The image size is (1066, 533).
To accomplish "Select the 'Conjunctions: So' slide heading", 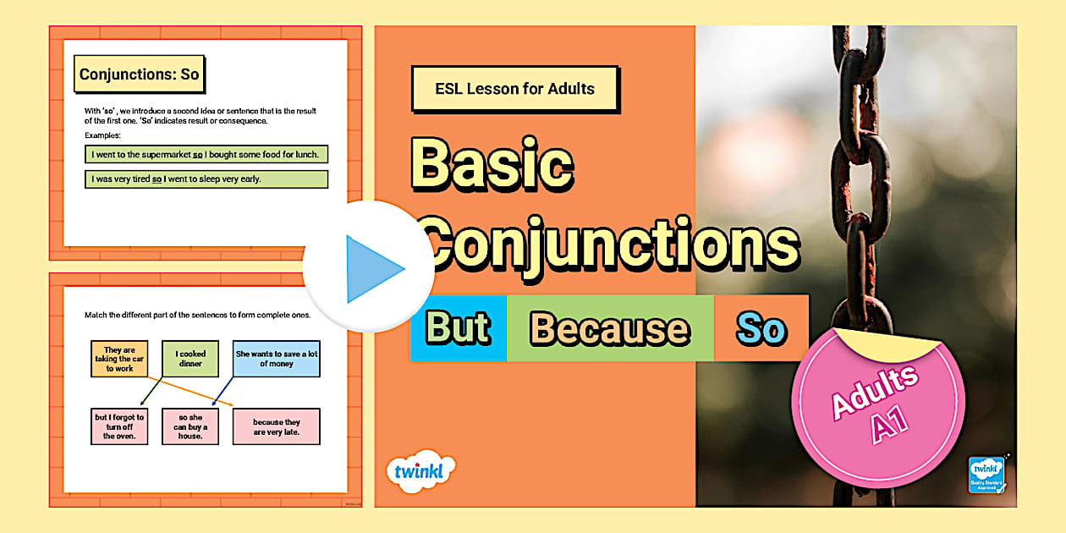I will pos(140,74).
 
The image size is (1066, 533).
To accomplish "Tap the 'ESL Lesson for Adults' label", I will pos(514,89).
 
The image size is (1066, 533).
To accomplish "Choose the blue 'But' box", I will pos(458,328).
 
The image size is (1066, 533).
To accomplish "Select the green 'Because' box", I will pos(609,328).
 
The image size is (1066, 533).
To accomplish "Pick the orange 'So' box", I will pos(761,328).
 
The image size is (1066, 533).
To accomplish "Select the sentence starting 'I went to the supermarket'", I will pos(206,154).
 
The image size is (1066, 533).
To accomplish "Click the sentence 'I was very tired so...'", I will pos(206,179).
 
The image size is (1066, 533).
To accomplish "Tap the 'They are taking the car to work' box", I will pos(119,359).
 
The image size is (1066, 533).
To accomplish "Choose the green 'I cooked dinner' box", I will pos(190,359).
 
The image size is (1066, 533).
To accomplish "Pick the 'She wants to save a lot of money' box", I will pos(277,359).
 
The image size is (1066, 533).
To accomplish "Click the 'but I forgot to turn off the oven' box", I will pos(119,426).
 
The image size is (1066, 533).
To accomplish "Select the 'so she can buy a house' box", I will pos(190,426).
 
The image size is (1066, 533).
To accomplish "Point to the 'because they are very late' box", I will pos(277,426).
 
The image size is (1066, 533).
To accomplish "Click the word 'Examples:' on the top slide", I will pos(103,135).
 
